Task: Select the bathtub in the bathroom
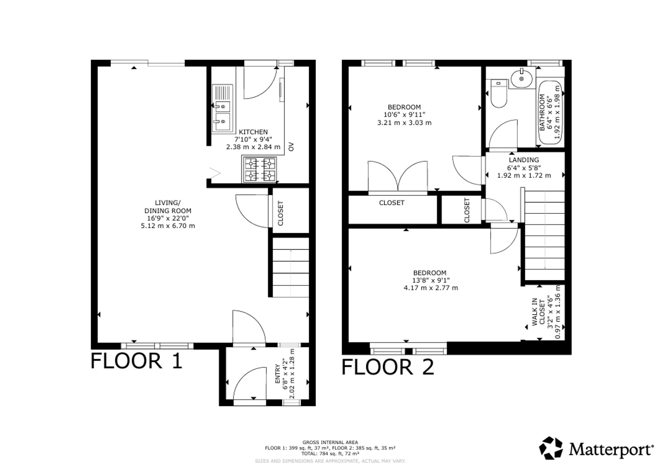[550, 113]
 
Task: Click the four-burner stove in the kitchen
[260, 170]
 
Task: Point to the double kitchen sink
[222, 108]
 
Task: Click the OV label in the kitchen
[291, 146]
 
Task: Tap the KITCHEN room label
[253, 132]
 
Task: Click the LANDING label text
[524, 160]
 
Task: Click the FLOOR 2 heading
[388, 367]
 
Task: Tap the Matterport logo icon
[551, 448]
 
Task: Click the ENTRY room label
[277, 374]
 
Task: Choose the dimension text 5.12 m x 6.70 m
[168, 226]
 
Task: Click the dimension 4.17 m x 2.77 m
[431, 288]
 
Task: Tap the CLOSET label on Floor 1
[281, 213]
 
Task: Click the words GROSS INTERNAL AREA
[330, 442]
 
